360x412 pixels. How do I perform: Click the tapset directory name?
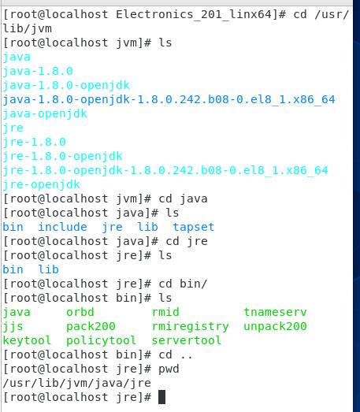coord(194,228)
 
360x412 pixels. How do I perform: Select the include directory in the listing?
coord(62,227)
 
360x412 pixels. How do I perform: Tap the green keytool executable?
coord(27,340)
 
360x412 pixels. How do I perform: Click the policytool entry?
coord(101,340)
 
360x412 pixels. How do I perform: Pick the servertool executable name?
coord(187,340)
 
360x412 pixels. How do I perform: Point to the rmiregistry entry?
coord(191,327)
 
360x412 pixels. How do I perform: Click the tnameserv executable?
coord(275,312)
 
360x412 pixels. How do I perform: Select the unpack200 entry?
coord(275,327)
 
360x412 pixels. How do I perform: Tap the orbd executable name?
coord(80,312)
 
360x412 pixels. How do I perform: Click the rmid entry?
coord(165,312)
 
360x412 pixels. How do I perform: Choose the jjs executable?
coord(13,327)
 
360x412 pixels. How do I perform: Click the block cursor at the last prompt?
coord(161,397)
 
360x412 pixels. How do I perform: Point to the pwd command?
coord(169,369)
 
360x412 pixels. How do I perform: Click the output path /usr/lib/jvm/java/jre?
coord(76,383)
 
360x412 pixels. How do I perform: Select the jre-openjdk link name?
coord(41,184)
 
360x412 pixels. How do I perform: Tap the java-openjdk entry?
coord(45,114)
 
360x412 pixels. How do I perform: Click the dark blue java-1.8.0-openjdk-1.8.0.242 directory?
coord(169,100)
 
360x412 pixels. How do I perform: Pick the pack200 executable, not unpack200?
coord(91,327)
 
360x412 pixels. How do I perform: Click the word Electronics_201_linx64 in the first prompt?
coord(194,14)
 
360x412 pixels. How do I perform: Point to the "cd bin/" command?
coord(183,284)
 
